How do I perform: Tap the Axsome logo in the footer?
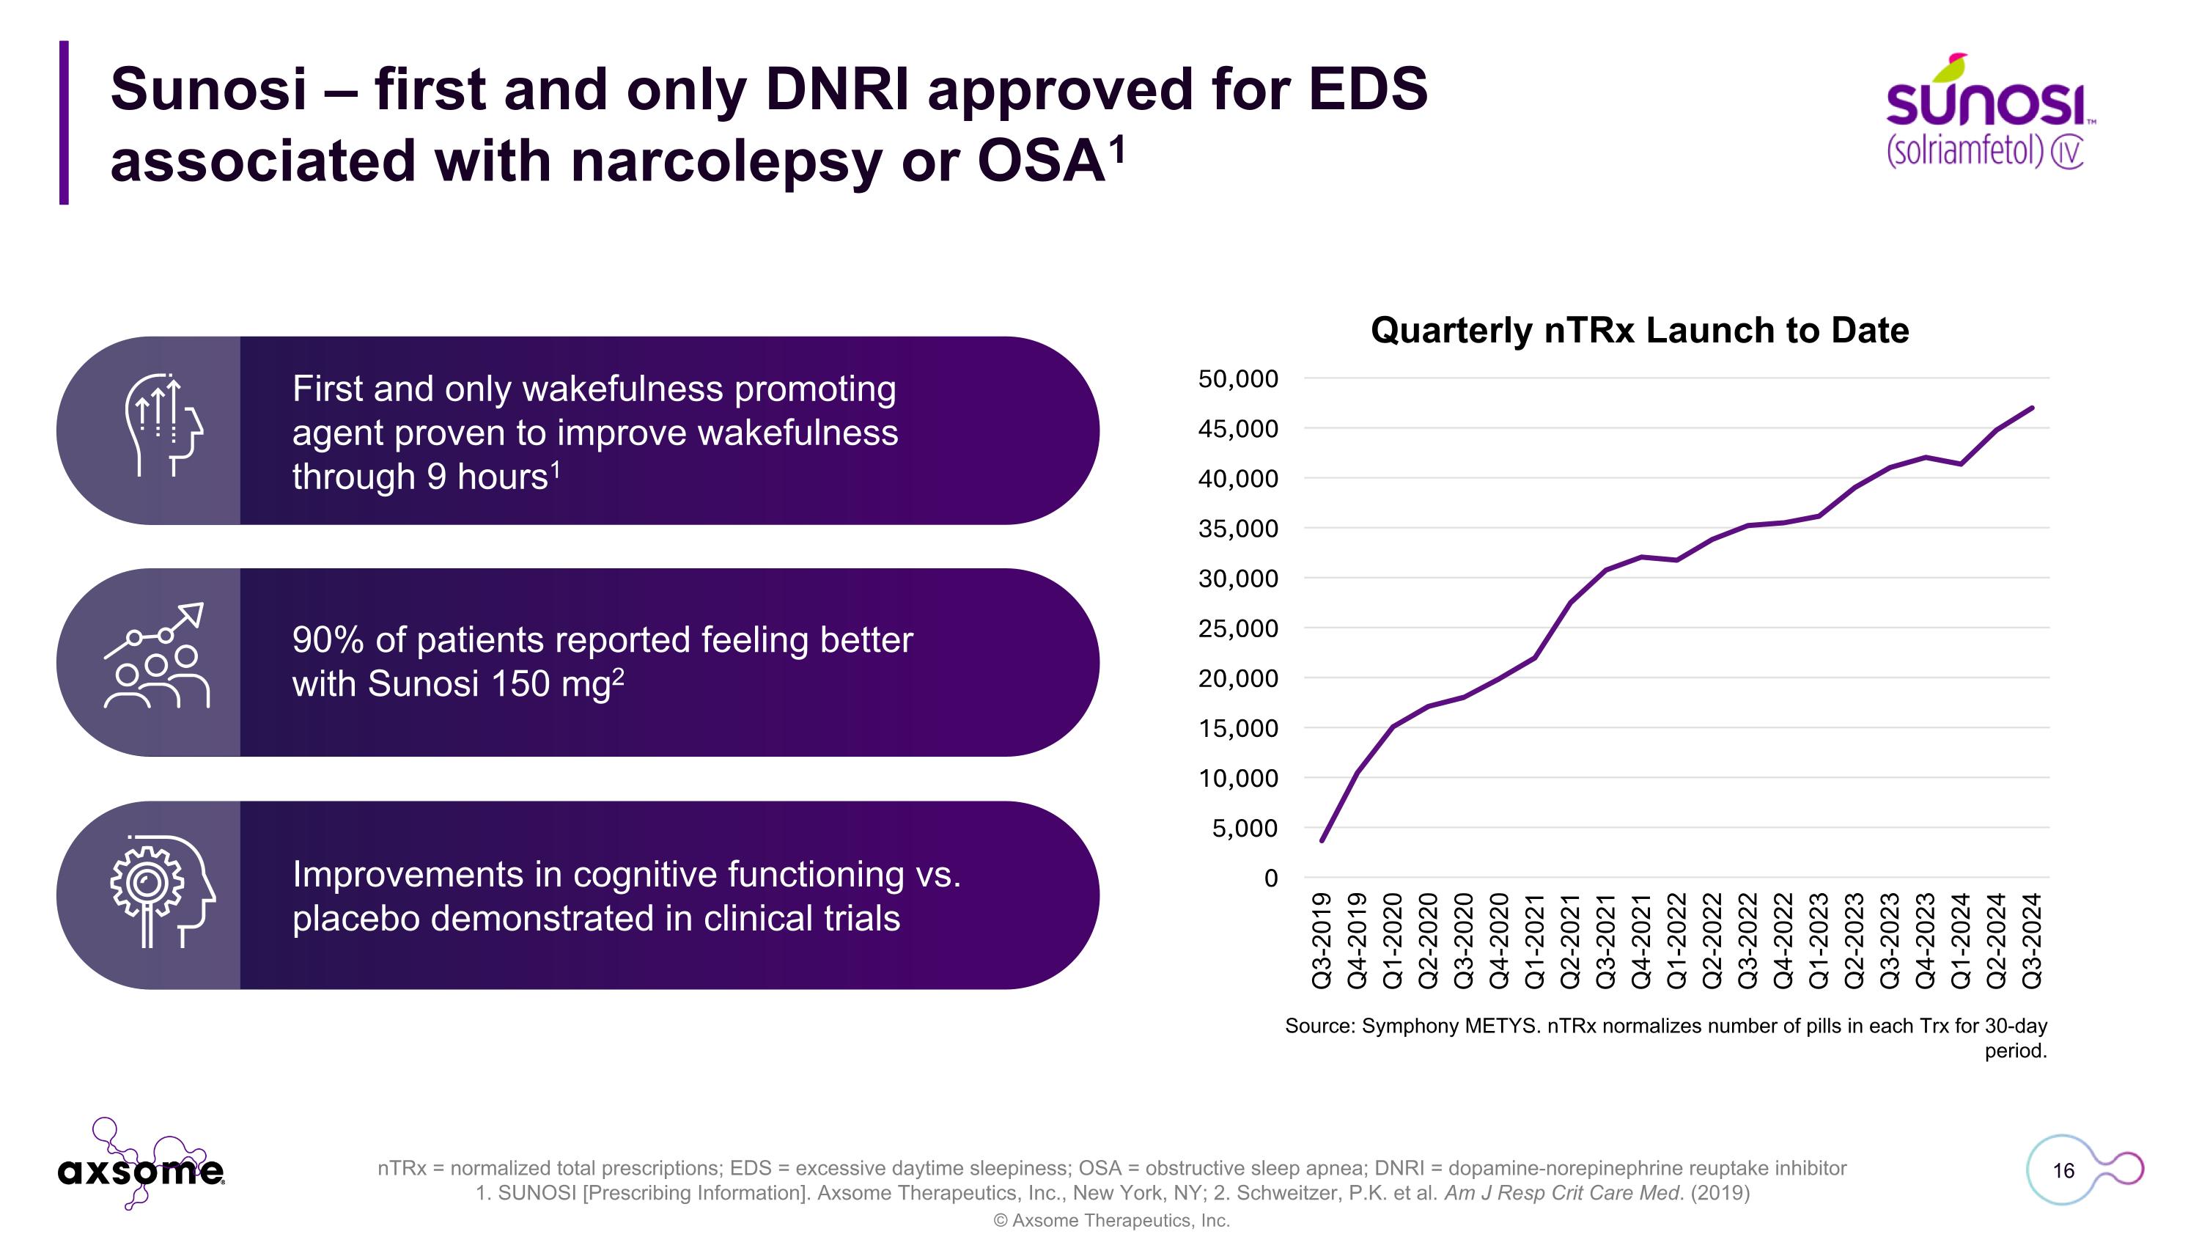coord(141,1168)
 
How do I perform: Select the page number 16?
coord(2063,1170)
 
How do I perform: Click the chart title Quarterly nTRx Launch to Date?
coord(1639,331)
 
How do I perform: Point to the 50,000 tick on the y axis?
coord(1238,379)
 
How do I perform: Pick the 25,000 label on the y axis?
coord(1238,629)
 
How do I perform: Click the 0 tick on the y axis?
coord(1270,878)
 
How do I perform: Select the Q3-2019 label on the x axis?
coord(1322,940)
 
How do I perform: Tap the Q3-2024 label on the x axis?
coord(2033,940)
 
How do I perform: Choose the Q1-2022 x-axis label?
coord(1676,940)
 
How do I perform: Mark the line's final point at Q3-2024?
coord(2033,408)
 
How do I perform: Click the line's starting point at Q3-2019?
coord(1322,841)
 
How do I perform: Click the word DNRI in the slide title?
coord(836,89)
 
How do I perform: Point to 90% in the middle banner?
coord(327,640)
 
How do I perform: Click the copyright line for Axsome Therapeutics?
coord(1110,1221)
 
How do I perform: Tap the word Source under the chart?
coord(1319,1026)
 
